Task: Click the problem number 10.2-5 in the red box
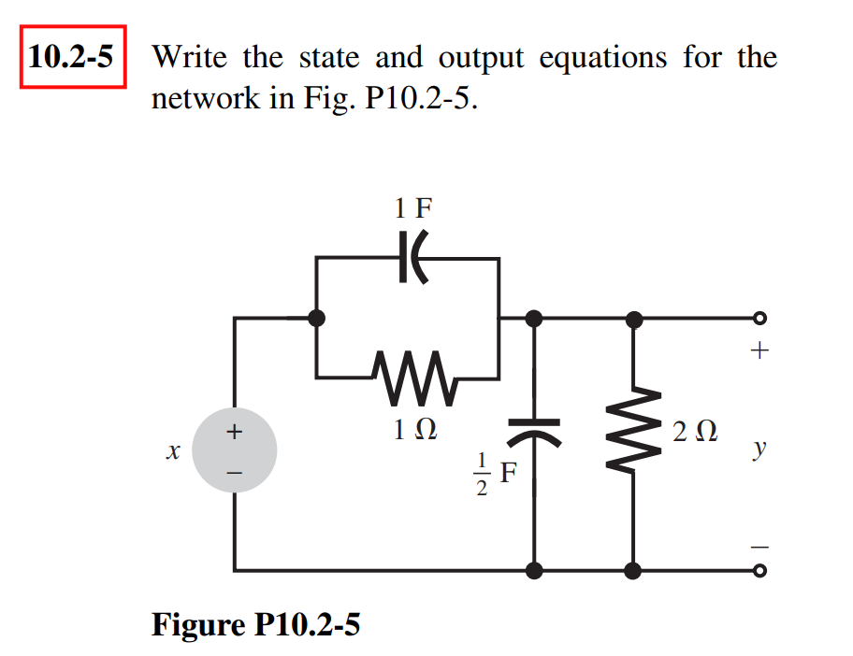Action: tap(71, 59)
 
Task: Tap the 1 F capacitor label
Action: tap(412, 207)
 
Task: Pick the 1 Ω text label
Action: tap(412, 431)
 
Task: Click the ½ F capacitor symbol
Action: tap(534, 431)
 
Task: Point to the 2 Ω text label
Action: tap(694, 433)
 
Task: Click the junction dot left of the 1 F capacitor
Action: tap(317, 319)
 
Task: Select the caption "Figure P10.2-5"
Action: tap(255, 623)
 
